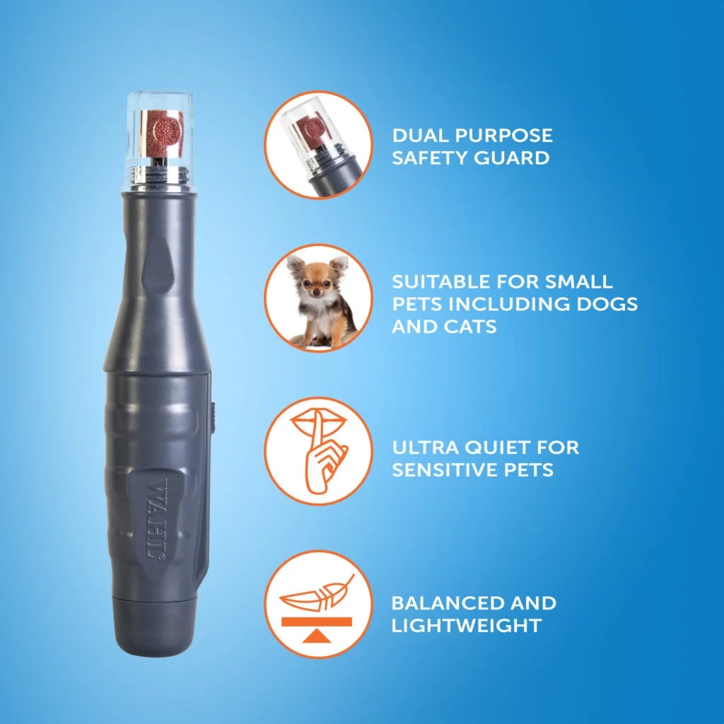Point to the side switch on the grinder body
[x=213, y=417]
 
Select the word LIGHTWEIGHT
[x=467, y=626]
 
